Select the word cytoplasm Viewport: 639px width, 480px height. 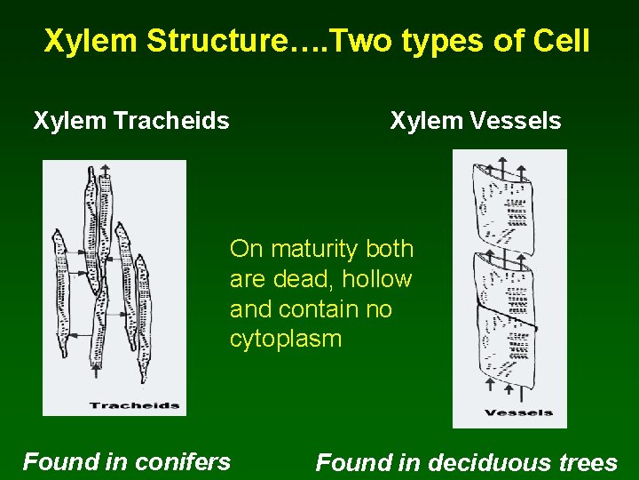[x=285, y=340]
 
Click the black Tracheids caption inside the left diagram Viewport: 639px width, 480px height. [x=134, y=406]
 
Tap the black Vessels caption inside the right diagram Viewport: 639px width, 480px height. [x=518, y=412]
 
